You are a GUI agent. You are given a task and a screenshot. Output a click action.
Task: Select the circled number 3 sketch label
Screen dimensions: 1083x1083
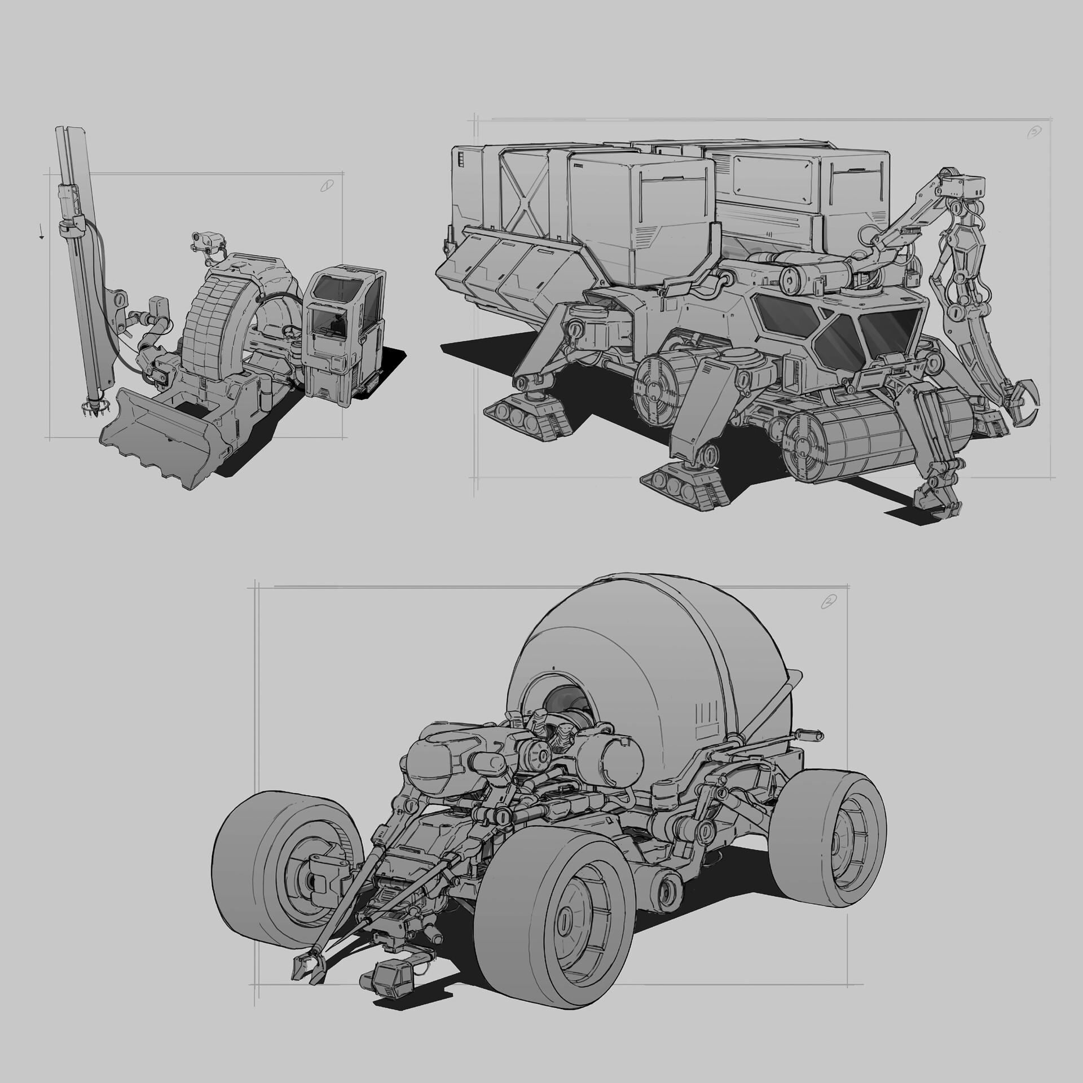click(x=1034, y=133)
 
